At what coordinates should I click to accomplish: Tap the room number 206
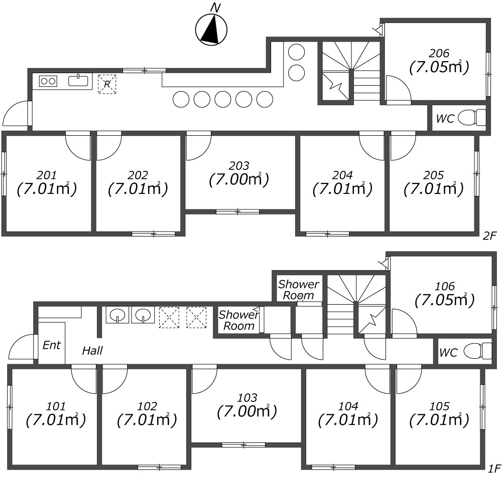click(439, 53)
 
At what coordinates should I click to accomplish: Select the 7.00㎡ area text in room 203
click(239, 180)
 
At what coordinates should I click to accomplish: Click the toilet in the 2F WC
click(472, 118)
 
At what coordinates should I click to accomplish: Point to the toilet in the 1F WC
click(477, 351)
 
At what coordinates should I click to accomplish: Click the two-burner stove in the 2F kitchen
click(48, 81)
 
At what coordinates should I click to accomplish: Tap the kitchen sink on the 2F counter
click(78, 80)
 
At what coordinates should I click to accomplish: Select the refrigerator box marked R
click(107, 84)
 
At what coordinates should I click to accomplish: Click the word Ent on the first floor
click(52, 345)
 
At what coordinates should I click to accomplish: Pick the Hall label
click(92, 351)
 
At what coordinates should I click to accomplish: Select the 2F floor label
click(489, 236)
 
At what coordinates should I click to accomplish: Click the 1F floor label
click(494, 469)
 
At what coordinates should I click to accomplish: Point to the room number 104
click(348, 406)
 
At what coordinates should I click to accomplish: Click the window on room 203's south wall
click(237, 211)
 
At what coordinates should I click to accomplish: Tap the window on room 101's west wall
click(10, 407)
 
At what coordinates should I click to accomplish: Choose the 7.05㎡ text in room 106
click(445, 300)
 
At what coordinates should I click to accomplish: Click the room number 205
click(434, 175)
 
